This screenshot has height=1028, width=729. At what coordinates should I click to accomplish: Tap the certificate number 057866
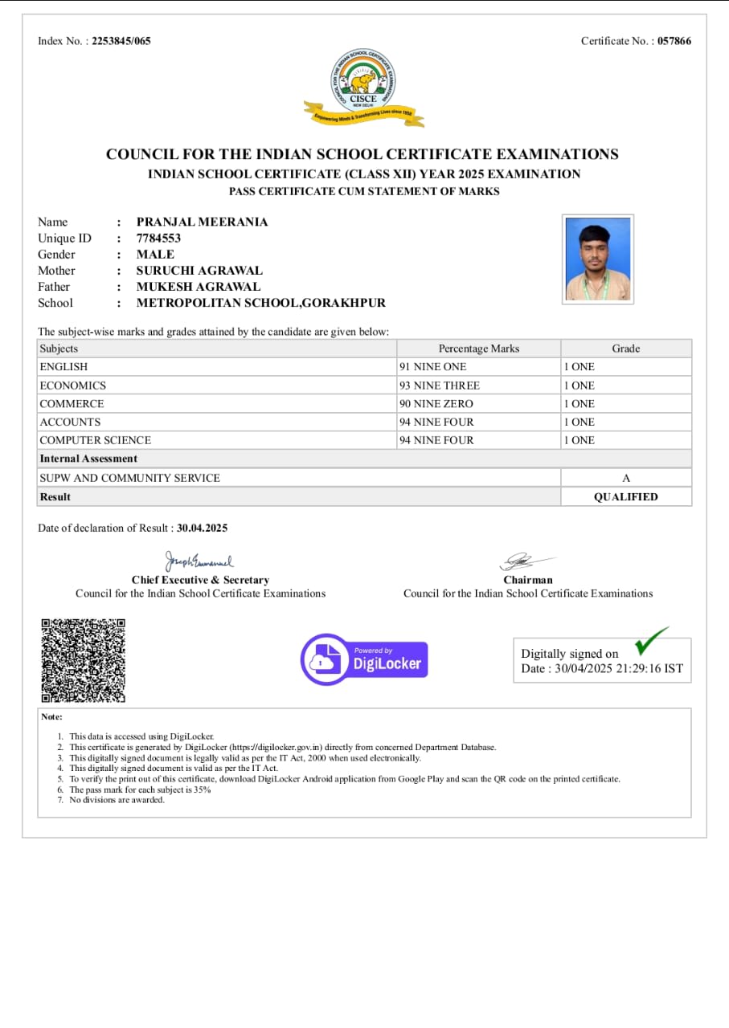click(674, 41)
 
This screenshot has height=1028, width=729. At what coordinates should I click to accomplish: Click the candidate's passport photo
click(598, 259)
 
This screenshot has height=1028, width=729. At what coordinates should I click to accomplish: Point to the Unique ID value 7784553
click(158, 238)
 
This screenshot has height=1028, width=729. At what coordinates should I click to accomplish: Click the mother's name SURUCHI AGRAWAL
click(199, 271)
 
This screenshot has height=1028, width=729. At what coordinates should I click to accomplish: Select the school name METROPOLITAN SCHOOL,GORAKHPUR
click(261, 303)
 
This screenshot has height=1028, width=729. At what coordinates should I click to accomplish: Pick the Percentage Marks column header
click(479, 349)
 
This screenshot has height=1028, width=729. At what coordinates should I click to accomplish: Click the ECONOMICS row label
click(73, 385)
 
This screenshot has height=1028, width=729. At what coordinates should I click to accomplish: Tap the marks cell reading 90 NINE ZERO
click(436, 404)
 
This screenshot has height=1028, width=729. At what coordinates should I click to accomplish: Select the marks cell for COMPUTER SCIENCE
click(436, 440)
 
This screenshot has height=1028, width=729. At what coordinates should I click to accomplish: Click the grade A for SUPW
click(626, 478)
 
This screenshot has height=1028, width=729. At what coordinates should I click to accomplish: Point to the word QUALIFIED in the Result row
click(625, 497)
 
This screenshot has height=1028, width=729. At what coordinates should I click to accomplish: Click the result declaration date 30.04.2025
click(203, 528)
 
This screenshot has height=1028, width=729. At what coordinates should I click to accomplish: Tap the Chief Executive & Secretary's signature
click(199, 561)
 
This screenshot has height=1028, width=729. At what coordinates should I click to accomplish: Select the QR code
click(84, 660)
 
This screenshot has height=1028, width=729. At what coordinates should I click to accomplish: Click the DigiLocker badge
click(364, 659)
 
